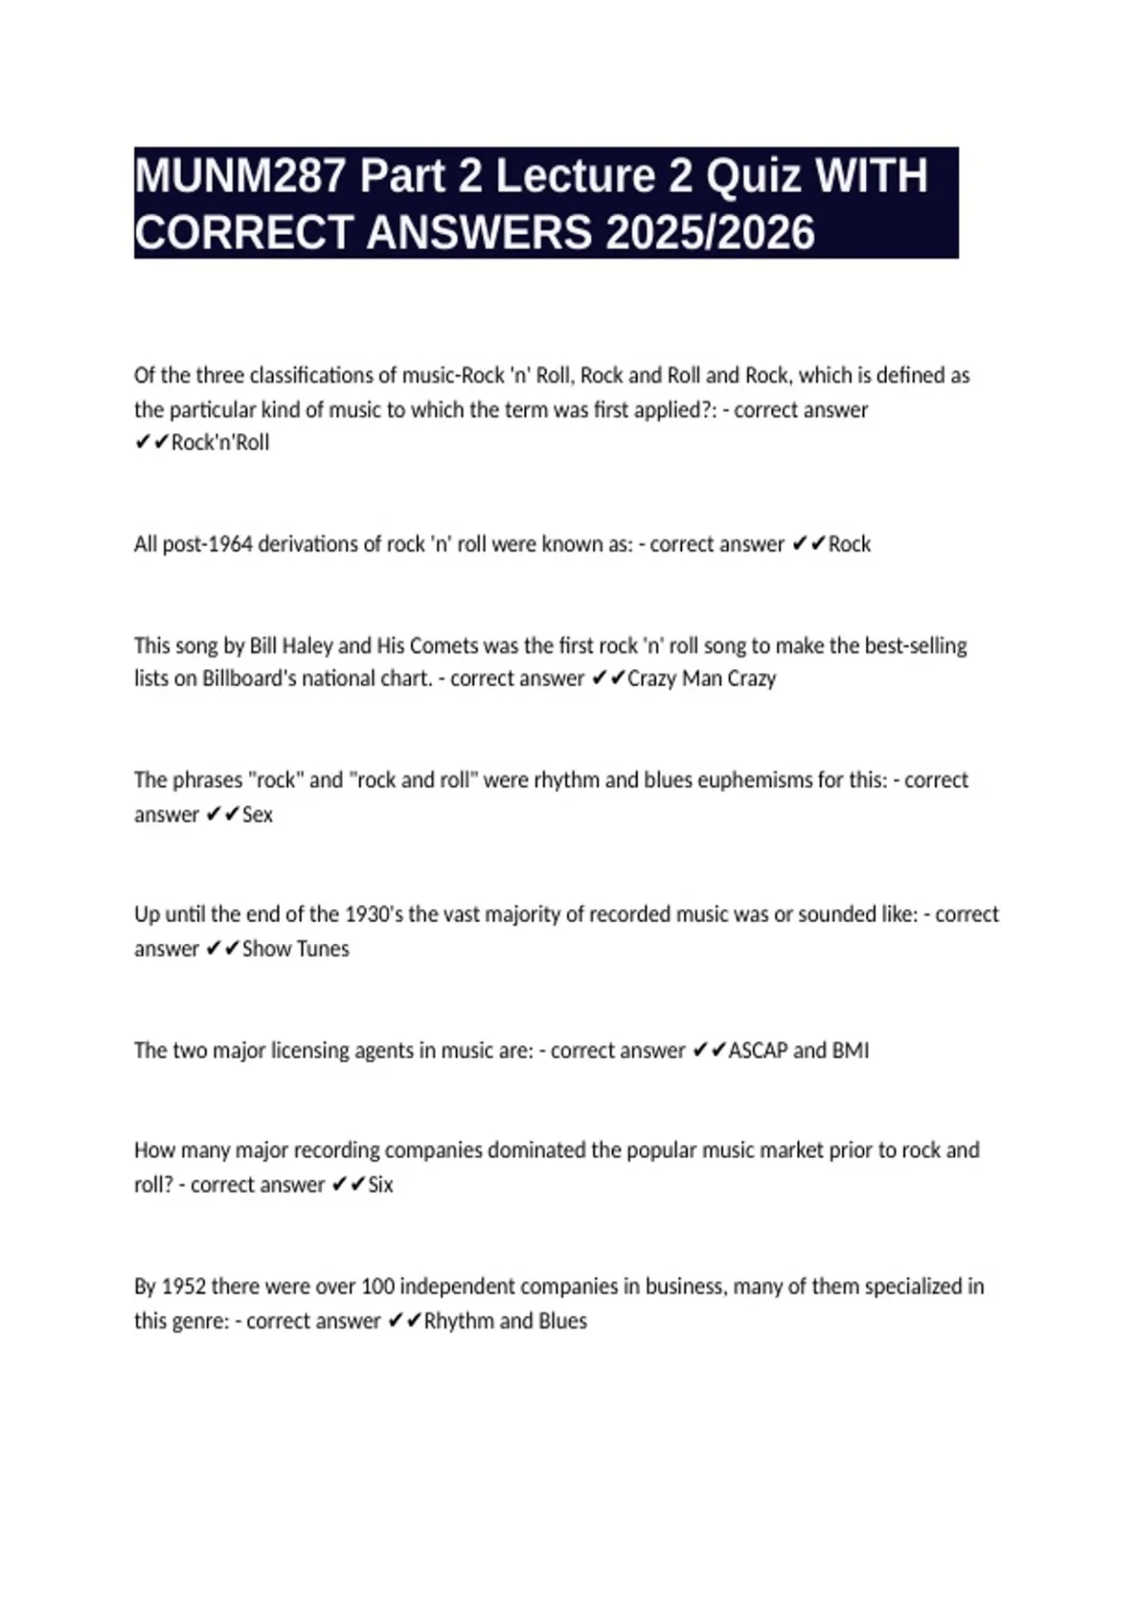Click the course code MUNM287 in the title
(240, 176)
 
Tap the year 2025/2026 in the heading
(710, 233)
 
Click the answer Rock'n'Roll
(220, 443)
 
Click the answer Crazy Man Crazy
(701, 679)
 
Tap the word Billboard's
(249, 679)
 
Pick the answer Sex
(258, 814)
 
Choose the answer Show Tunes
(296, 949)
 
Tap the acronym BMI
(850, 1050)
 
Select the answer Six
(380, 1185)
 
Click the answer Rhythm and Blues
(505, 1321)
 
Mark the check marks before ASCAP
(709, 1050)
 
